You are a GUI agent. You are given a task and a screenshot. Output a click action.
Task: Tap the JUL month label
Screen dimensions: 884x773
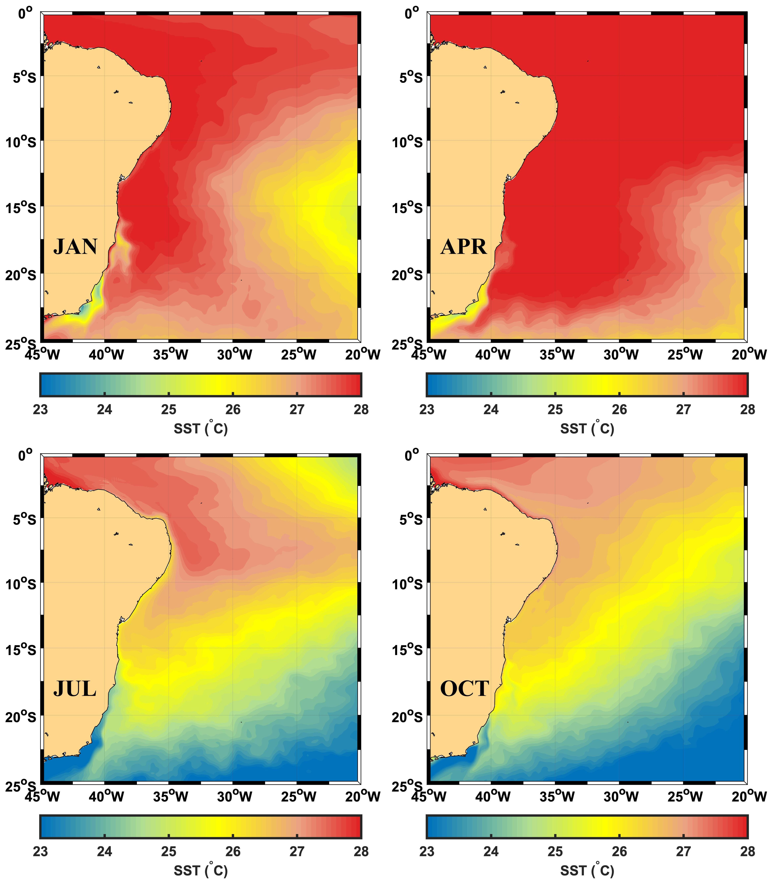point(75,689)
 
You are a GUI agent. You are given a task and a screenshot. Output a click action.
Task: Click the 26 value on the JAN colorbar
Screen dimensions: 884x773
point(233,409)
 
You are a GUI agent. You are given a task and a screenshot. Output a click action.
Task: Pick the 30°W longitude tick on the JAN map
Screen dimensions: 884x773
point(234,355)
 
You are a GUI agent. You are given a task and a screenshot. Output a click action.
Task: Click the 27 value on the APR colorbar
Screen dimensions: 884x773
point(684,409)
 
